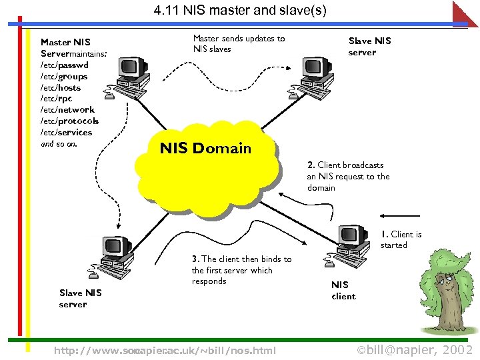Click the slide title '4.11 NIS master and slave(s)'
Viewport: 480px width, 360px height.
click(x=240, y=11)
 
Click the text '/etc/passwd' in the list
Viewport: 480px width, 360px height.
click(x=64, y=65)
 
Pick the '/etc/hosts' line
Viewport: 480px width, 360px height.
click(x=61, y=87)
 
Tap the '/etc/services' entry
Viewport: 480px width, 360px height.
click(x=66, y=132)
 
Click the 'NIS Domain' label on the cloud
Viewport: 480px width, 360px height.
click(x=205, y=149)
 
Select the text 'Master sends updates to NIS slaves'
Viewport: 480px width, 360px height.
click(x=238, y=43)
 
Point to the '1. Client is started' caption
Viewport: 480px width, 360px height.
click(x=401, y=239)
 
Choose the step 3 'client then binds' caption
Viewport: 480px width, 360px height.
click(x=241, y=269)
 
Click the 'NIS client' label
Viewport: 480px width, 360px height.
click(x=343, y=290)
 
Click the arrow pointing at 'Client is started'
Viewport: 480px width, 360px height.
click(x=400, y=215)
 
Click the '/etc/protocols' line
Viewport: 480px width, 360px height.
click(x=69, y=121)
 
